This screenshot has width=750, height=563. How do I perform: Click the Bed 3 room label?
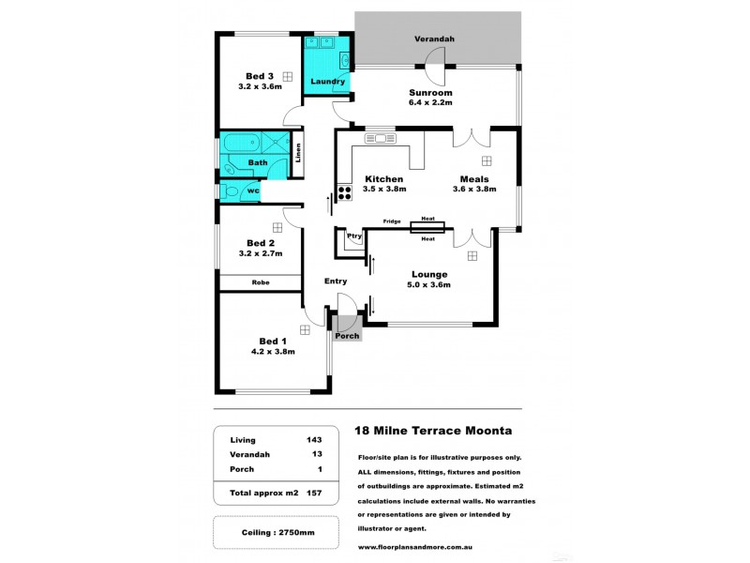click(x=260, y=76)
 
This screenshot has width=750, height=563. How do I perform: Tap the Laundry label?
click(x=328, y=82)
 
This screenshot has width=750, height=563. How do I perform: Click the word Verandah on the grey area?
click(x=436, y=39)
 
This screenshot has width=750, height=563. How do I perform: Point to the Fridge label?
click(x=392, y=221)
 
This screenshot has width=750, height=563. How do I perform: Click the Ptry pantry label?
click(x=354, y=236)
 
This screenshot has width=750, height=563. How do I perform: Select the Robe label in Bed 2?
click(x=260, y=282)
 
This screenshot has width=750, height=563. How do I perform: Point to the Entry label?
click(x=336, y=281)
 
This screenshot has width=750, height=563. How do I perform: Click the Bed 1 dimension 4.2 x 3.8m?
click(x=273, y=352)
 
